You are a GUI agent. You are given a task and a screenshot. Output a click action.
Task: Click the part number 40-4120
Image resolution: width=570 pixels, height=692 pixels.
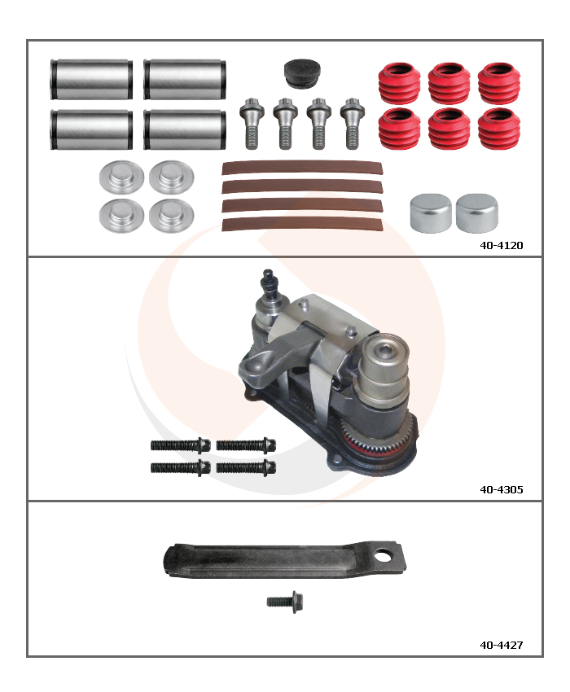(501, 245)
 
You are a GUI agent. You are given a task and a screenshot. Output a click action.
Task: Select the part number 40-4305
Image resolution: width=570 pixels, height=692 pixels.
(501, 489)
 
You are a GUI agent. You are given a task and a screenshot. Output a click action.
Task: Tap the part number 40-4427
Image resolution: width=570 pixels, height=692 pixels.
(501, 645)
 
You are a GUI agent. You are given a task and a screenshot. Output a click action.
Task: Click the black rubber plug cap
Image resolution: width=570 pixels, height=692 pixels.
(302, 73)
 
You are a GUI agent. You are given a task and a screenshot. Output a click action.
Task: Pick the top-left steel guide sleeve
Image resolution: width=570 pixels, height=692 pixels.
(91, 79)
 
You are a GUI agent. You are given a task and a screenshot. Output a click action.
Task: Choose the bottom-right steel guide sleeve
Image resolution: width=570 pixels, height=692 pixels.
(185, 129)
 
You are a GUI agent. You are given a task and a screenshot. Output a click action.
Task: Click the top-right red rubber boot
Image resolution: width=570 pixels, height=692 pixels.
(499, 83)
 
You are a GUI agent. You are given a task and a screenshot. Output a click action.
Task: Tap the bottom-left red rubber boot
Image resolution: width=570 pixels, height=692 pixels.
(400, 129)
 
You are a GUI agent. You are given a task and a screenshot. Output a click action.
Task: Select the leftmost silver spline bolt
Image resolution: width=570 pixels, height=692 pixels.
(252, 123)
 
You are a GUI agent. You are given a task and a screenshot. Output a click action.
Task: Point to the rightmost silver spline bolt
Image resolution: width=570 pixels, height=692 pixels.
(353, 123)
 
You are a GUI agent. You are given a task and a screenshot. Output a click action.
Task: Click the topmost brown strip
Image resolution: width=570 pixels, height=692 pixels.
(302, 168)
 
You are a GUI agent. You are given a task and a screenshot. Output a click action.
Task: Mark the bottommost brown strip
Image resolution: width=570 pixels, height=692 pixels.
(302, 224)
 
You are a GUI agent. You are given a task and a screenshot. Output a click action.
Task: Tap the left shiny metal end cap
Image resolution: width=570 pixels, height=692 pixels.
(431, 212)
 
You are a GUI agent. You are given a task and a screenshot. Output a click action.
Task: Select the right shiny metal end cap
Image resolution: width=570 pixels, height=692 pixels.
(477, 212)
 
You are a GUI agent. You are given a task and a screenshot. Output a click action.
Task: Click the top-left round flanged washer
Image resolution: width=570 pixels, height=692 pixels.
(121, 177)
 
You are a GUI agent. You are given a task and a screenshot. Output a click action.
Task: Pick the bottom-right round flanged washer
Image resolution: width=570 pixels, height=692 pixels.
(171, 216)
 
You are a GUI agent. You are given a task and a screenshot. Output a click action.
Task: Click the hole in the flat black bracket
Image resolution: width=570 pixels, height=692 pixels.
(383, 554)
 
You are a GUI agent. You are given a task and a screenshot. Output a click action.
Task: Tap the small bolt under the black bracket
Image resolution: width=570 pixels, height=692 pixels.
(285, 602)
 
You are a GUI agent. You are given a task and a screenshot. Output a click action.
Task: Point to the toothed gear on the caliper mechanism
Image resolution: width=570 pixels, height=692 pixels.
(378, 437)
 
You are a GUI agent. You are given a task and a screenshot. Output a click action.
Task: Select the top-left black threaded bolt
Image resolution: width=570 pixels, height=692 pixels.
(181, 445)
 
